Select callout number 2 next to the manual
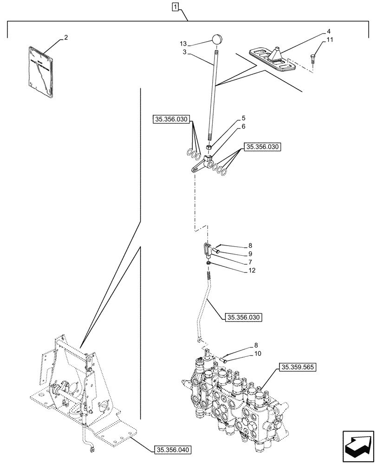(66, 37)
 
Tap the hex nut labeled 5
(209, 148)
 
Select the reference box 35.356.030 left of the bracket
(170, 120)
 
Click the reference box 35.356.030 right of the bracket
(263, 146)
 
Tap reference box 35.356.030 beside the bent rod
(243, 317)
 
